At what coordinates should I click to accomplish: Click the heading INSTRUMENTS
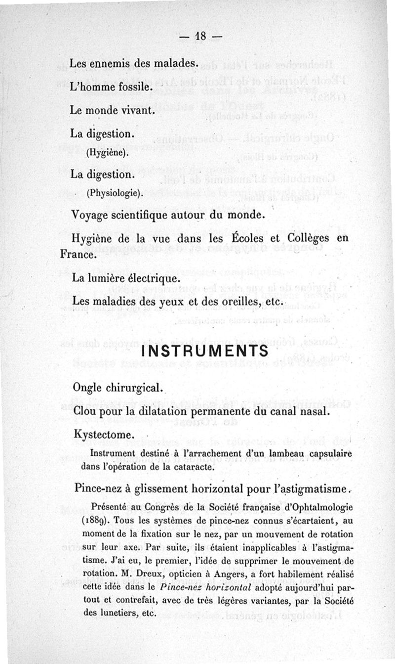pyautogui.click(x=205, y=351)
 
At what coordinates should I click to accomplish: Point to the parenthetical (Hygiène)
pyautogui.click(x=107, y=153)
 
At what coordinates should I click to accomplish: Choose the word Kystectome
pyautogui.click(x=103, y=436)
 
